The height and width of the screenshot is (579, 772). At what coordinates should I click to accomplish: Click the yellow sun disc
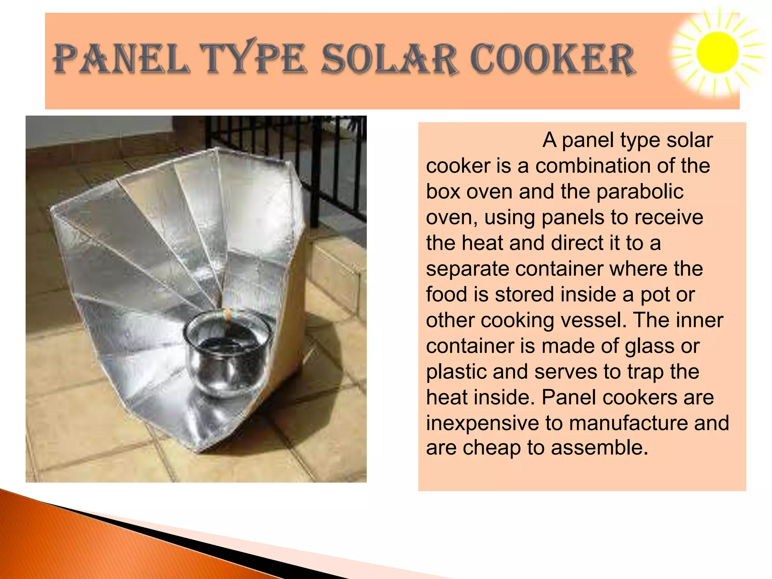[717, 53]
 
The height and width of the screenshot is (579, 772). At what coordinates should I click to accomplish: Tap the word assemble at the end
[599, 448]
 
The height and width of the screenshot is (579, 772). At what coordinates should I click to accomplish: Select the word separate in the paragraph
[467, 269]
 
